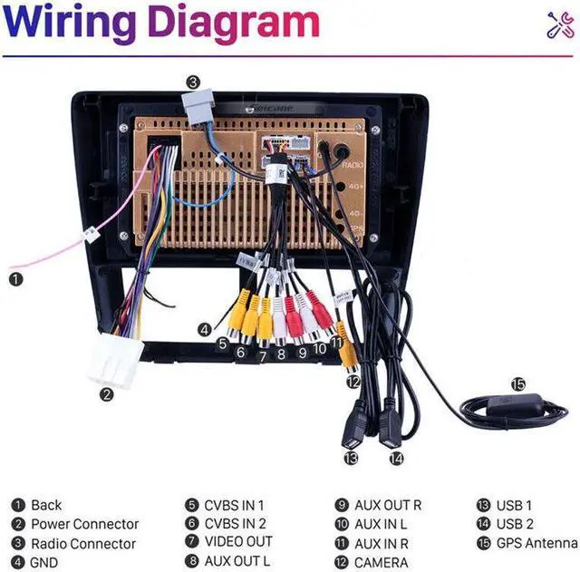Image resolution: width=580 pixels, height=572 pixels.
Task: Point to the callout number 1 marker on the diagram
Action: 15,278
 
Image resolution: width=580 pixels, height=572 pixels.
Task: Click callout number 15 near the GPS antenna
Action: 517,383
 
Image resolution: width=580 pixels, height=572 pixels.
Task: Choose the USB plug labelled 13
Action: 354,431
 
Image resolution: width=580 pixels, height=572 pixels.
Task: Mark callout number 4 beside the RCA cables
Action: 206,329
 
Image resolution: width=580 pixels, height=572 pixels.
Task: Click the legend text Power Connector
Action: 84,524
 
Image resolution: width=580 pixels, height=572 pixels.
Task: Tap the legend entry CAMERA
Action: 381,563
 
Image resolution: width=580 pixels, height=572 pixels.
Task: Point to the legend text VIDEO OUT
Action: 237,543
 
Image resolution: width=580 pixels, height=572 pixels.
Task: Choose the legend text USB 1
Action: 514,505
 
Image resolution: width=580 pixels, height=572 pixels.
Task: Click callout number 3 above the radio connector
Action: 193,81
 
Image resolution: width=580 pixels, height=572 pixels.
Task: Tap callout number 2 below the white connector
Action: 107,393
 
